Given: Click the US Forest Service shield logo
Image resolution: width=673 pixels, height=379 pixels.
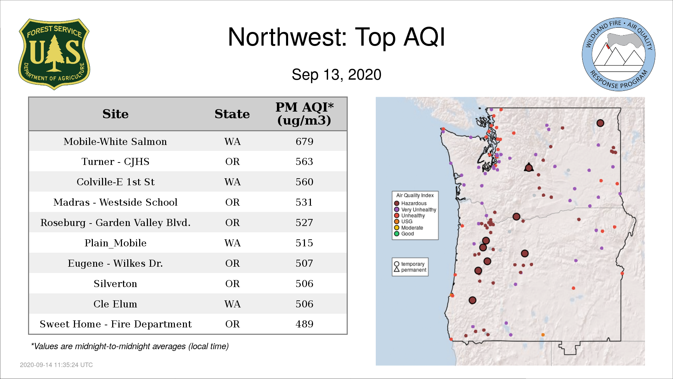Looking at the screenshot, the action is pos(54,54).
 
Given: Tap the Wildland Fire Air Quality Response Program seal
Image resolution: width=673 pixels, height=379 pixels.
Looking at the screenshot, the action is pos(619,54).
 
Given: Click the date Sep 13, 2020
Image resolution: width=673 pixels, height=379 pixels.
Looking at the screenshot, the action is pos(336,75).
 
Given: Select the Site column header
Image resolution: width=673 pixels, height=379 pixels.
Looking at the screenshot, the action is pos(115,114).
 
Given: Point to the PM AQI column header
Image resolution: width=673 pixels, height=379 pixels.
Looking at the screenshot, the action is pos(304,114).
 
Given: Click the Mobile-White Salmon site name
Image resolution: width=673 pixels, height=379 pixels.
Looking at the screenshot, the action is pos(115,141).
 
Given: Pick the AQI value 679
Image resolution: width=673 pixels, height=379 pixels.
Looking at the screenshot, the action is pos(304,141).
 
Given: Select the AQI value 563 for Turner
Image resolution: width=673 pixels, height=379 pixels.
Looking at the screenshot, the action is pos(304,161).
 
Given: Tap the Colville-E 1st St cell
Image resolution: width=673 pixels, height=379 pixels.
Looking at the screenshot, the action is pos(115,182).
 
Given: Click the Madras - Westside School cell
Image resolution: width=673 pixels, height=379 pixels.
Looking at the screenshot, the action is pos(115,202).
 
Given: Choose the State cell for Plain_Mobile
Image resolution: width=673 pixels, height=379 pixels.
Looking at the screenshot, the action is pos(232,243).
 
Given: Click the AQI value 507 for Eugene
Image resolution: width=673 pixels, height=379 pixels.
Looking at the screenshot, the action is pos(304,263).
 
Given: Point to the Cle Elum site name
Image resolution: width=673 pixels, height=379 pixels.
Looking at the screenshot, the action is pos(115,304).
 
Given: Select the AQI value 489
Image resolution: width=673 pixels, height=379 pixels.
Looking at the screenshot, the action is pos(304,324).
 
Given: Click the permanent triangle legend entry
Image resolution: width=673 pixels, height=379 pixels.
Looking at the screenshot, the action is pos(410,270).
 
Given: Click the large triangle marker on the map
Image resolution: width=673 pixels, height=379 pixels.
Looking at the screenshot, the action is pos(529,167).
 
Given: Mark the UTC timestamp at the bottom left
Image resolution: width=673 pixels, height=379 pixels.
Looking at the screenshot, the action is pos(56,365).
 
